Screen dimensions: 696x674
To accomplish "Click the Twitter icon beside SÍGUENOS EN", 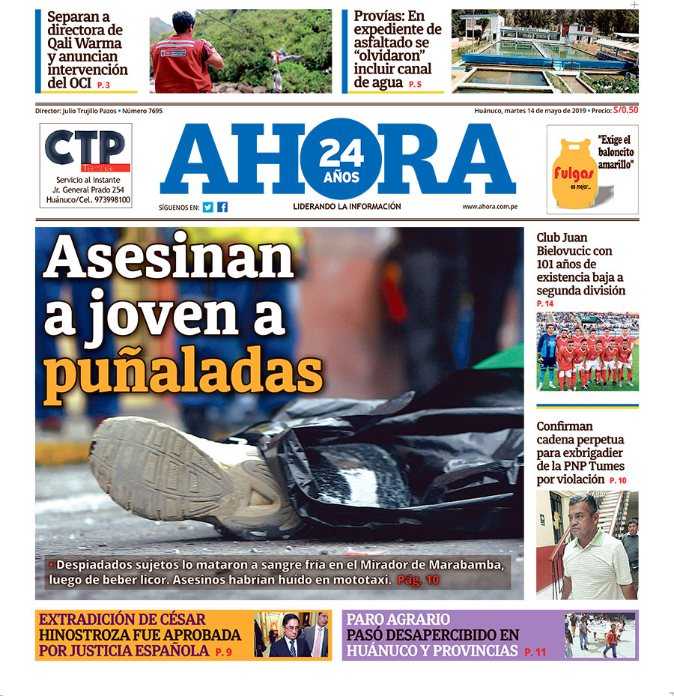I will tap(208, 208).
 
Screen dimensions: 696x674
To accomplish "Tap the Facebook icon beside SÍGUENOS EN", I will tap(222, 208).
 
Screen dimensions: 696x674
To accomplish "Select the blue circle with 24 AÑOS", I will tap(341, 160).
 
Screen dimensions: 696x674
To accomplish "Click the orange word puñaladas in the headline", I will tap(183, 372).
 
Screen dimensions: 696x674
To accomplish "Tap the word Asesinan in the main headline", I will tap(168, 258).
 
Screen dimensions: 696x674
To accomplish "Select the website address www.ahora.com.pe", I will tap(491, 207).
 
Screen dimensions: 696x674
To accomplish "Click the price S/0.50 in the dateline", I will tap(625, 111).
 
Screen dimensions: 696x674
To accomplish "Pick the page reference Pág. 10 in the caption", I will tap(419, 580).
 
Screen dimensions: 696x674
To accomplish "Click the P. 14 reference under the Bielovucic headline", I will tap(545, 303).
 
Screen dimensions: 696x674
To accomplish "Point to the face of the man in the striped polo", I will tap(583, 512).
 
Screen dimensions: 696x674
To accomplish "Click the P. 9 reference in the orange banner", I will tap(223, 653).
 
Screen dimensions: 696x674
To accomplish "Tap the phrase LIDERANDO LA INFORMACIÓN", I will tap(347, 207).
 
